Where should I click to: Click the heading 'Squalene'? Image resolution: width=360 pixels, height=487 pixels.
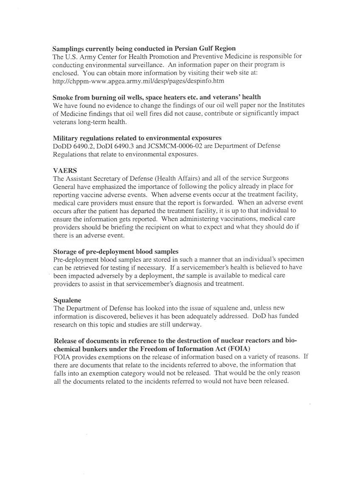tap(67, 300)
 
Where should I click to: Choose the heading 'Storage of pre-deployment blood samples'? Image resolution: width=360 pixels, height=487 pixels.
tap(116, 252)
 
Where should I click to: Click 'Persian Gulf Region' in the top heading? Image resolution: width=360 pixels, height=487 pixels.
tap(205, 48)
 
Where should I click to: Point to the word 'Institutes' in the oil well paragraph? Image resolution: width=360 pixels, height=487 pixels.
tap(290, 105)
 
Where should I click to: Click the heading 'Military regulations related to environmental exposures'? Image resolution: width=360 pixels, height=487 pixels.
tap(137, 138)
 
